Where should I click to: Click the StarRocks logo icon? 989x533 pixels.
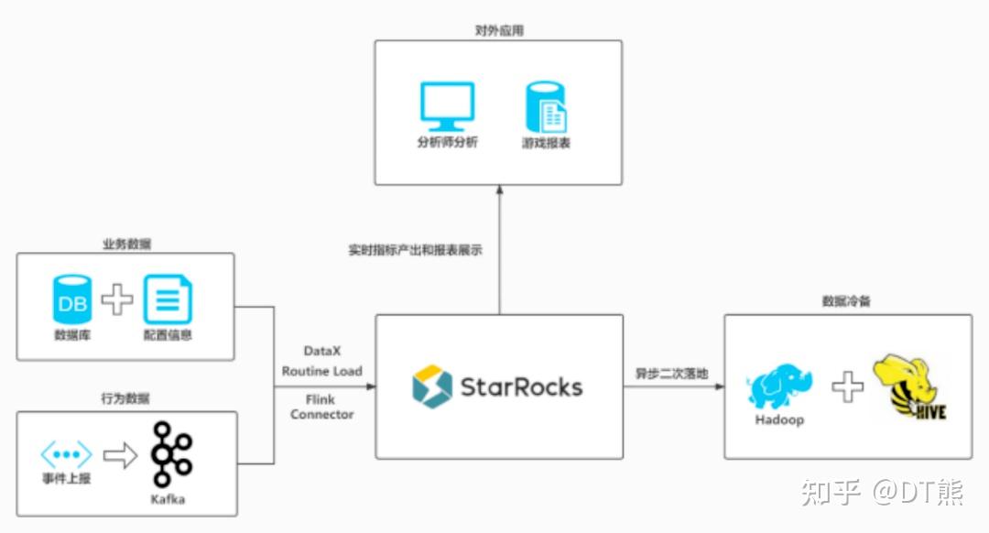tap(432, 386)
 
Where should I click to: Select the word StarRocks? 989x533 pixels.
tap(521, 387)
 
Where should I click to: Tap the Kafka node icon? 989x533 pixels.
tap(171, 455)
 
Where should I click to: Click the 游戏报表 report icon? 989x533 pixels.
tap(546, 107)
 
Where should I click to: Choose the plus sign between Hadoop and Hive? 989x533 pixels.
tap(847, 386)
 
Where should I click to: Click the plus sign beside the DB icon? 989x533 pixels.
tap(116, 300)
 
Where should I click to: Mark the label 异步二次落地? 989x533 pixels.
tap(672, 374)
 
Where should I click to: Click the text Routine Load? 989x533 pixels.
tap(321, 371)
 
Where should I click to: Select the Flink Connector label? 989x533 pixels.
tap(321, 407)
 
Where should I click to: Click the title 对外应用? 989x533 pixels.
tap(499, 30)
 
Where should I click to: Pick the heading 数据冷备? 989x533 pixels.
tap(846, 301)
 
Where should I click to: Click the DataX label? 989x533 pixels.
tap(321, 351)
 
